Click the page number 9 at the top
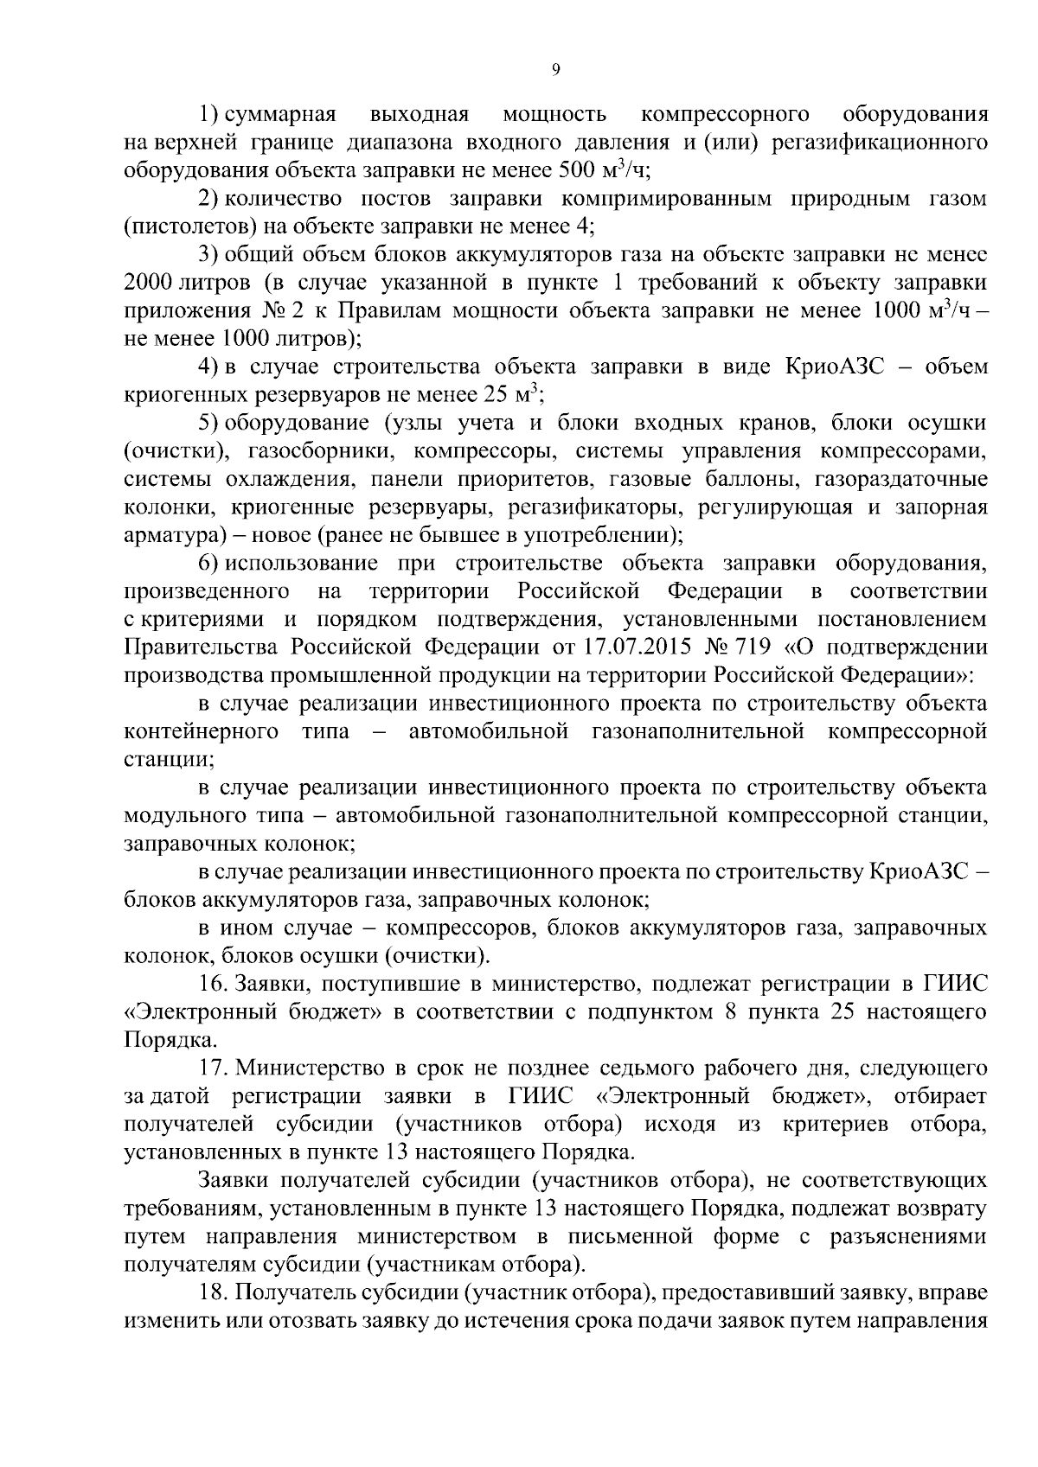(x=555, y=70)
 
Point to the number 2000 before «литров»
(x=150, y=283)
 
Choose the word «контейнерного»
(x=201, y=731)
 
